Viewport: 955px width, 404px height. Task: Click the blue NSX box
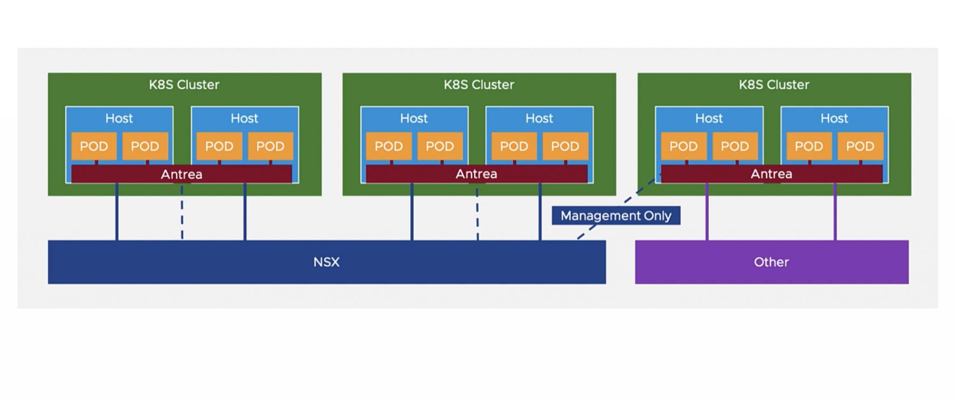pyautogui.click(x=326, y=262)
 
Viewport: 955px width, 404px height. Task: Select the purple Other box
pyautogui.click(x=771, y=262)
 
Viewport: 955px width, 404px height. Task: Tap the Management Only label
pyautogui.click(x=616, y=216)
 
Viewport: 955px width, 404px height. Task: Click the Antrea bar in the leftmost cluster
pyautogui.click(x=181, y=174)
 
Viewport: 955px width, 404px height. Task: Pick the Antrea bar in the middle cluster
pyautogui.click(x=476, y=174)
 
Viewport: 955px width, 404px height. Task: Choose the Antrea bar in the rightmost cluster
pyautogui.click(x=771, y=174)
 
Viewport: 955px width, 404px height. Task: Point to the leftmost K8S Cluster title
pyautogui.click(x=184, y=84)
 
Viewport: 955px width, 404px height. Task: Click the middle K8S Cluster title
pyautogui.click(x=479, y=84)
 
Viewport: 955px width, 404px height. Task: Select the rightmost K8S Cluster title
pyautogui.click(x=774, y=84)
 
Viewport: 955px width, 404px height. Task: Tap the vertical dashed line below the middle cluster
pyautogui.click(x=477, y=215)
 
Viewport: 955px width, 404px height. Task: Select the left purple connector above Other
pyautogui.click(x=707, y=212)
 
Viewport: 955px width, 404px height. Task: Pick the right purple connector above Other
pyautogui.click(x=835, y=212)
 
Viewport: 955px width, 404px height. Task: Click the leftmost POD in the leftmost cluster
pyautogui.click(x=94, y=146)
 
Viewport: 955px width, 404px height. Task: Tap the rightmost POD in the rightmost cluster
pyautogui.click(x=860, y=146)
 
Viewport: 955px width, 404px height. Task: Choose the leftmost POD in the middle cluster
pyautogui.click(x=388, y=146)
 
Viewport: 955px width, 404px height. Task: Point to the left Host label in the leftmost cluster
pyautogui.click(x=119, y=118)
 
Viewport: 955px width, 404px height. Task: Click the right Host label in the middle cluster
pyautogui.click(x=539, y=118)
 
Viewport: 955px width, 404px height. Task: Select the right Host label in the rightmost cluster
pyautogui.click(x=834, y=118)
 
